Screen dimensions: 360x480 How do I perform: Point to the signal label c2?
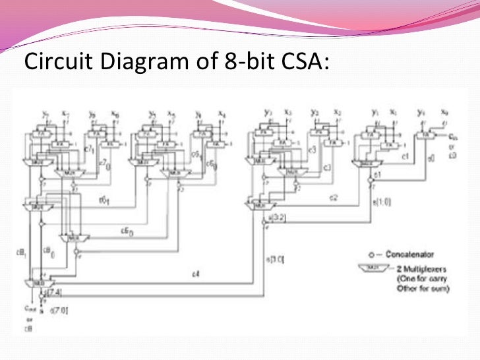[x=334, y=197]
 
